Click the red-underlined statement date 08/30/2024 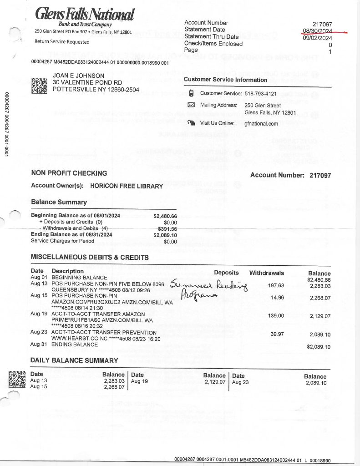point(318,30)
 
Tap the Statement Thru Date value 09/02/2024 point(318,37)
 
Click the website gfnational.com point(261,123)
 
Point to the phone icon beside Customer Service point(191,93)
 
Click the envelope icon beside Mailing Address point(191,105)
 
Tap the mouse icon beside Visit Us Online point(191,123)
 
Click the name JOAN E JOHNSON point(79,76)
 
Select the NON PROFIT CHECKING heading point(69,173)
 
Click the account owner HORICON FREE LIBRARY point(127,186)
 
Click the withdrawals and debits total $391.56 point(167,228)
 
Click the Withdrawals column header point(266,273)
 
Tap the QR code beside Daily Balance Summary point(17,380)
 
